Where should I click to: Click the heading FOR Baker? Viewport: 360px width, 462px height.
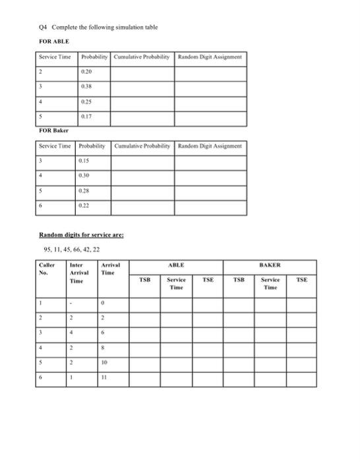(x=51, y=131)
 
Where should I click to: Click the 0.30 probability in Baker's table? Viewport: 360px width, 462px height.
(x=85, y=175)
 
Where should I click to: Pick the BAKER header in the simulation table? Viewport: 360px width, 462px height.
(x=271, y=264)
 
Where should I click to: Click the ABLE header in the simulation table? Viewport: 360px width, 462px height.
(x=176, y=264)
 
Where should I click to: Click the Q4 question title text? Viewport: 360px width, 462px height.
(x=97, y=27)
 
